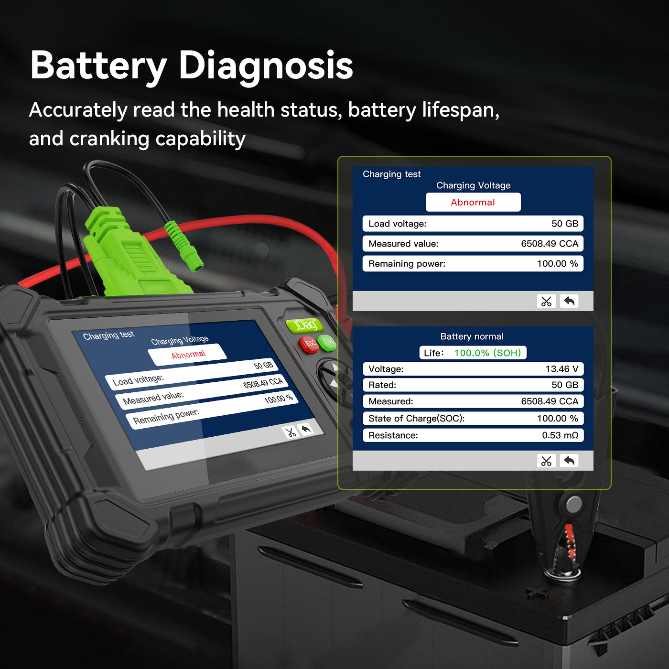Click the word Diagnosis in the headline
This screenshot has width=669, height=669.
[265, 65]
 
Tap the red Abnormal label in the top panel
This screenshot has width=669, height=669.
[473, 202]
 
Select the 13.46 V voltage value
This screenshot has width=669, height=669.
[561, 369]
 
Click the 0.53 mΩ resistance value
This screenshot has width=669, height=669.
[560, 435]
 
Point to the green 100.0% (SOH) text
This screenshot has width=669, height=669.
[487, 353]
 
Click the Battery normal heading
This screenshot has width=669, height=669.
[472, 336]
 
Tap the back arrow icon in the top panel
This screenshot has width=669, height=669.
[569, 301]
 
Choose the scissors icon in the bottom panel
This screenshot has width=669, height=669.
[546, 461]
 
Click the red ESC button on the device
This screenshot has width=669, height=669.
[309, 343]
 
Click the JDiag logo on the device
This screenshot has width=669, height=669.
[305, 325]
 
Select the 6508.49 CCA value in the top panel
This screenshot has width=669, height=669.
[549, 244]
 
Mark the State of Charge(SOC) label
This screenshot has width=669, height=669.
[416, 419]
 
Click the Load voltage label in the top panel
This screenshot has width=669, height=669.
[397, 224]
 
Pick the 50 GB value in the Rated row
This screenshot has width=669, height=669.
[564, 385]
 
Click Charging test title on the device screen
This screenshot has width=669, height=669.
[108, 335]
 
